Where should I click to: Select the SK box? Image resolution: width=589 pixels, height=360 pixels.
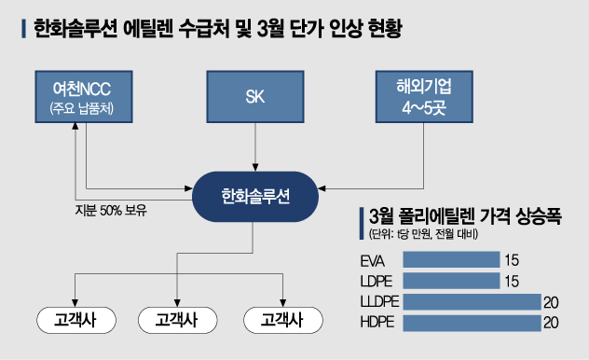coord(254,97)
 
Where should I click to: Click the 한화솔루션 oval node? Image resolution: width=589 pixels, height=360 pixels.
coord(255,197)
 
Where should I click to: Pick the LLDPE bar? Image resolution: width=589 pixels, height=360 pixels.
coord(471,301)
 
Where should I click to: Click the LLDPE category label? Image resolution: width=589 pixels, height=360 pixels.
coord(377,301)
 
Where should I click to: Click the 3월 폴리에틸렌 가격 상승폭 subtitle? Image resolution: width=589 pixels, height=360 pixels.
coord(471,215)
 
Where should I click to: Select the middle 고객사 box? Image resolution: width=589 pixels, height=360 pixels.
coord(176,320)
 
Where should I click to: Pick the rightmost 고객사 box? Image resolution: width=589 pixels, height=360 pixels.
coord(281,320)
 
